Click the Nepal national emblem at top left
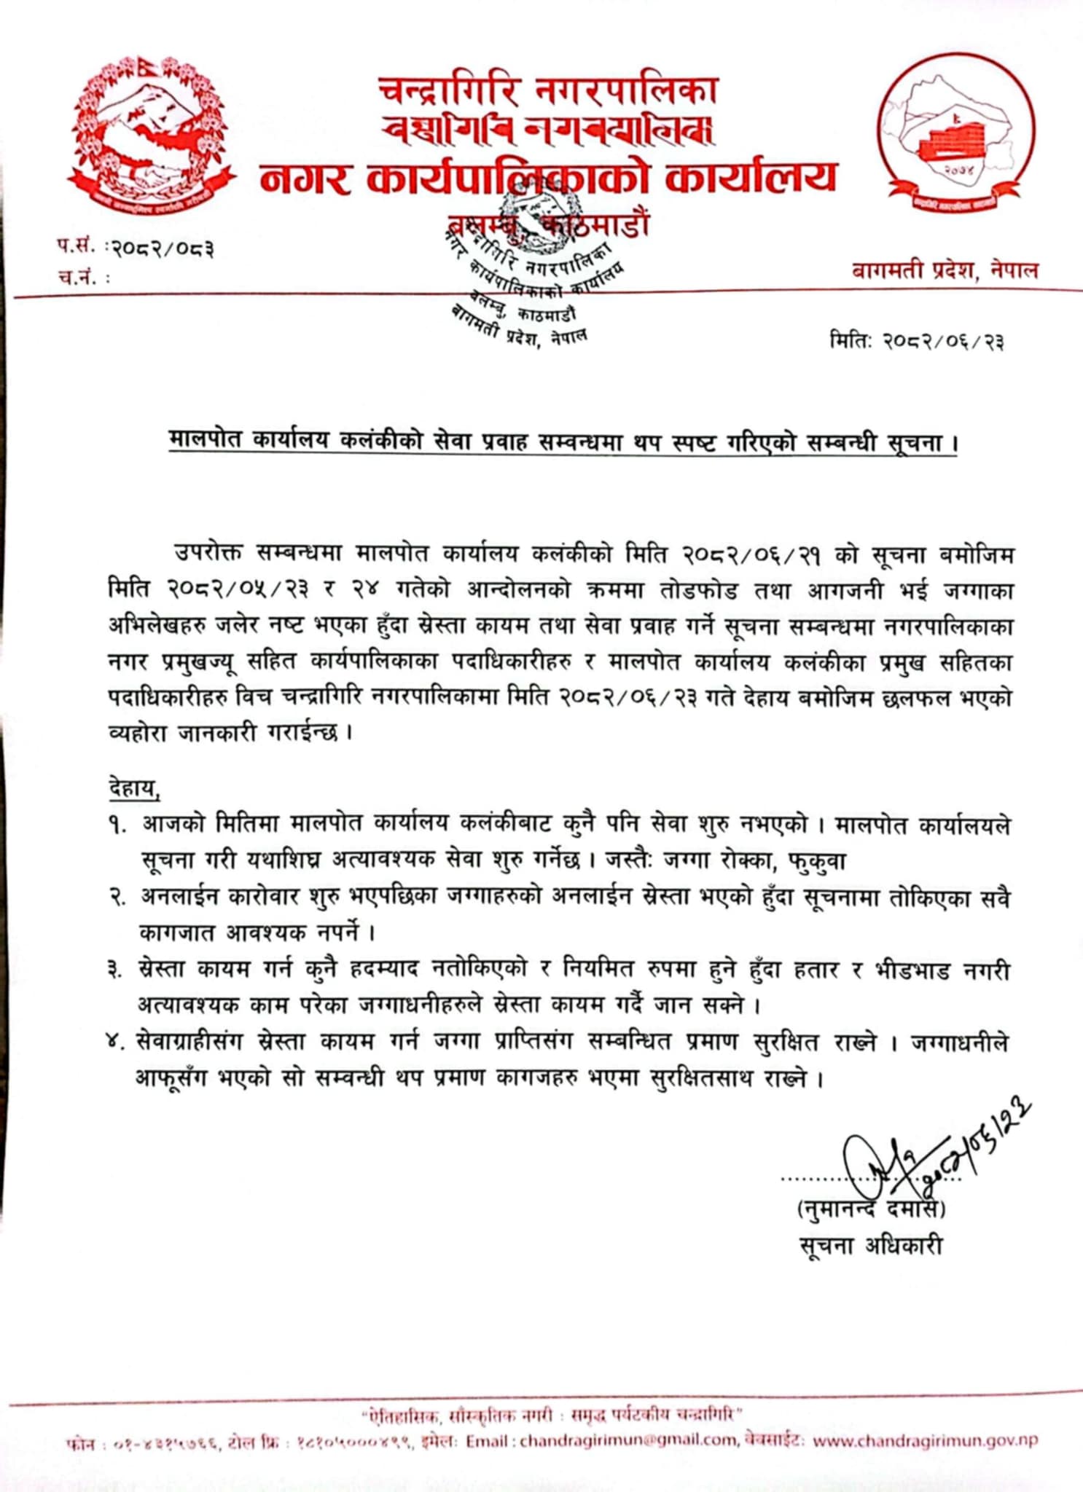click(x=152, y=136)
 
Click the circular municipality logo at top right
click(x=955, y=138)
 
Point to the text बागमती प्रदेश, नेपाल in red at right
click(x=945, y=271)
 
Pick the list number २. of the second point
click(x=117, y=899)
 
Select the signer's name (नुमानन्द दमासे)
click(x=871, y=1210)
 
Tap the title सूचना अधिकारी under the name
click(x=870, y=1246)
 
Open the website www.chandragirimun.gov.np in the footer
click(x=924, y=1440)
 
